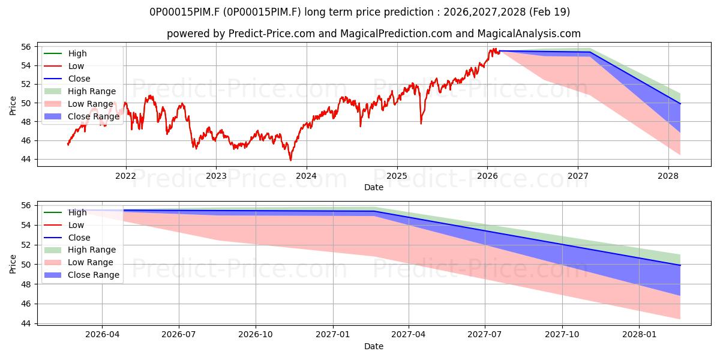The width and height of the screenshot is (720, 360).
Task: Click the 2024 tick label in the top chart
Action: [306, 176]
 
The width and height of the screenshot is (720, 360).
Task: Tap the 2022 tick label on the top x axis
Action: [125, 176]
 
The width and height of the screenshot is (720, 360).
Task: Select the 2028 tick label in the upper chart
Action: [668, 176]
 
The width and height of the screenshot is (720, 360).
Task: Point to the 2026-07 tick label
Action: [179, 335]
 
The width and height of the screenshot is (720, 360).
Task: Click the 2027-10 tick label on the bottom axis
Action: [562, 335]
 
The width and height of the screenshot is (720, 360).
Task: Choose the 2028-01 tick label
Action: [640, 335]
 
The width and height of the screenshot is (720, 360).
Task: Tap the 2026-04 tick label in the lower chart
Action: [102, 335]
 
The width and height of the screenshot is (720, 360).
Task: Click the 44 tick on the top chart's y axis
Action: [26, 160]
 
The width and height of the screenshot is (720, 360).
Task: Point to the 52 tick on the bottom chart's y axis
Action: [26, 245]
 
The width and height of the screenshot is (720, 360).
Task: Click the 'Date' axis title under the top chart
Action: [373, 187]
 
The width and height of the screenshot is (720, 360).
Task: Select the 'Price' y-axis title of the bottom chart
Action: [13, 264]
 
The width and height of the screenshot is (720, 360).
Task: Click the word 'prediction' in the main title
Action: [409, 12]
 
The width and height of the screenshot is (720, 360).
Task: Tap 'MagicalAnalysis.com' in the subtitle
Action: [529, 34]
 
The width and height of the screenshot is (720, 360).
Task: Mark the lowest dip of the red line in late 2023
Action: [290, 160]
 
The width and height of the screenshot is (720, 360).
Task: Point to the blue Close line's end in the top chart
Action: [680, 104]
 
